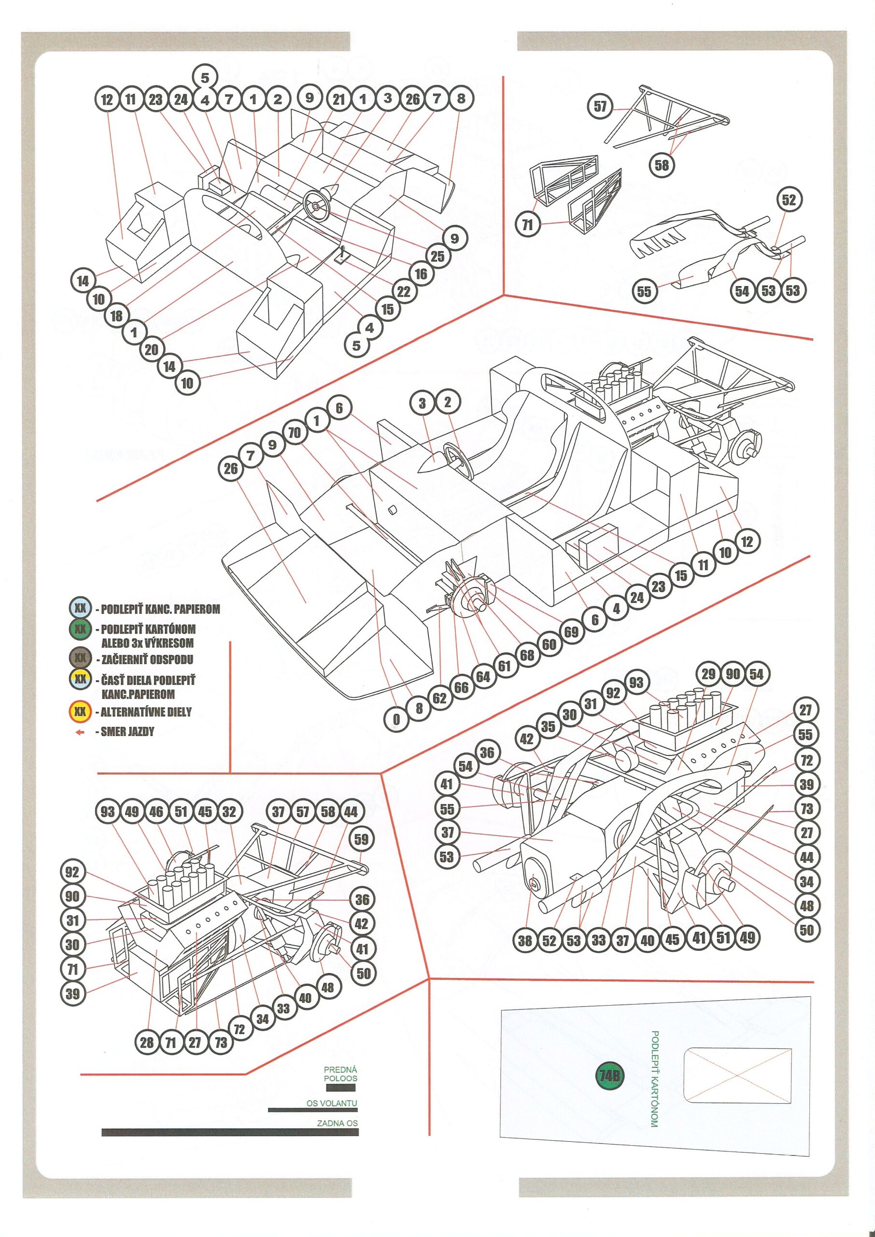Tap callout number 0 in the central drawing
pyautogui.click(x=396, y=719)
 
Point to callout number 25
pyautogui.click(x=437, y=256)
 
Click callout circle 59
pyautogui.click(x=362, y=839)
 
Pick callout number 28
pyautogui.click(x=146, y=1042)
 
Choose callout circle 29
pyautogui.click(x=708, y=674)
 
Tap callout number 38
pyautogui.click(x=525, y=940)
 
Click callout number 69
pyautogui.click(x=571, y=632)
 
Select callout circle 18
pyautogui.click(x=116, y=316)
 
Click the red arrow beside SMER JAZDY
pyautogui.click(x=80, y=732)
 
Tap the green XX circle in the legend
pyautogui.click(x=80, y=629)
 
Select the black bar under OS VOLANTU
pyautogui.click(x=312, y=1110)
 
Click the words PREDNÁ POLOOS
pyautogui.click(x=340, y=1074)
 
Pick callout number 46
pyautogui.click(x=156, y=812)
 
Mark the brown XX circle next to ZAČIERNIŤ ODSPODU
pyautogui.click(x=80, y=658)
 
